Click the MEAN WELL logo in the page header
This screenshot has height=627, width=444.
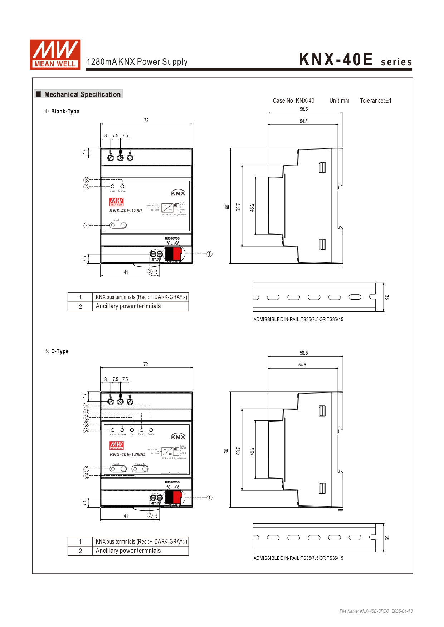55,54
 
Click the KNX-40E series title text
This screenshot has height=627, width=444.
355,60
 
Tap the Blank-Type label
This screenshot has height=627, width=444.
65,111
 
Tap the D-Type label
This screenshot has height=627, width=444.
59,351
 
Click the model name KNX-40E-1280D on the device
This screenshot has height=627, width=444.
127,454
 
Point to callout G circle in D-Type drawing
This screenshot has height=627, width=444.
86,476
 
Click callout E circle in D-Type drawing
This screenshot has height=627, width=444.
86,405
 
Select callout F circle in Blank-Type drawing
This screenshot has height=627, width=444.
86,225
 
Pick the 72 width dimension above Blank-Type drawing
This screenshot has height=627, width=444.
146,120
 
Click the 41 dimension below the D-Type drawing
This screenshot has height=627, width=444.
126,516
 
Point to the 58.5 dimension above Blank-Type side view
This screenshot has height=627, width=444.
304,109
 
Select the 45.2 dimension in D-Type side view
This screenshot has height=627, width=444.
252,451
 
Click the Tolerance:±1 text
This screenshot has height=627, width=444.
375,101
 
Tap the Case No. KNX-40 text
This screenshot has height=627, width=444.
293,101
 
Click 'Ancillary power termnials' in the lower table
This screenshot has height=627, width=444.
128,551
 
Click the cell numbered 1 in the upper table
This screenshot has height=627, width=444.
80,297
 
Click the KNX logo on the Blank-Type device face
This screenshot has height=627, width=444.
178,193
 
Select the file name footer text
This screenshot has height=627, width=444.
376,611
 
